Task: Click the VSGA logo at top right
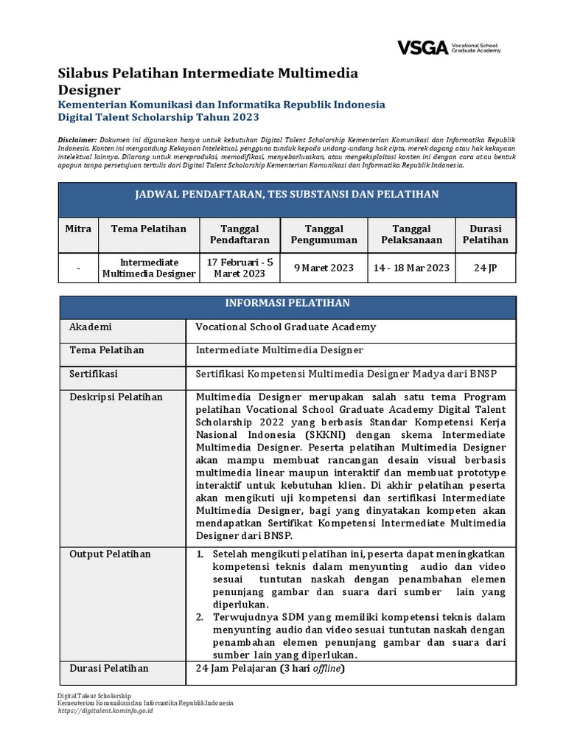pyautogui.click(x=449, y=48)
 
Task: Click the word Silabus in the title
pyautogui.click(x=82, y=73)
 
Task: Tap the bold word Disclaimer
pyautogui.click(x=77, y=139)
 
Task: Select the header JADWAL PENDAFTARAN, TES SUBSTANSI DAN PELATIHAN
pyautogui.click(x=287, y=195)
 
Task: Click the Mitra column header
pyautogui.click(x=78, y=229)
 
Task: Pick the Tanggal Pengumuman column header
pyautogui.click(x=324, y=234)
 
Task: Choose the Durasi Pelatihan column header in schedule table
pyautogui.click(x=486, y=234)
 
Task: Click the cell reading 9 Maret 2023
pyautogui.click(x=324, y=268)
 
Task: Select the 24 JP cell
pyautogui.click(x=486, y=268)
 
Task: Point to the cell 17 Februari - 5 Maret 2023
pyautogui.click(x=235, y=268)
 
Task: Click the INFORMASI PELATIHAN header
pyautogui.click(x=287, y=303)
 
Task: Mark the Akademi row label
pyautogui.click(x=90, y=327)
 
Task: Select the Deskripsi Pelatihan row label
pyautogui.click(x=116, y=397)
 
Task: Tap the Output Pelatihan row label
pyautogui.click(x=110, y=554)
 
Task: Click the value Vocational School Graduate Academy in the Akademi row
pyautogui.click(x=285, y=327)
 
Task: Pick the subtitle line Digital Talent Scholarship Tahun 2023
pyautogui.click(x=158, y=116)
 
